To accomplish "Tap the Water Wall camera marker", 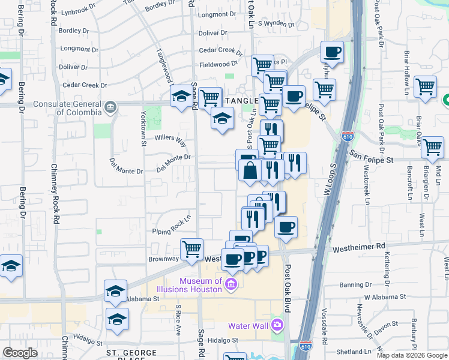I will pyautogui.click(x=277, y=326).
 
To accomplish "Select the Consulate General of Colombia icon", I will pyautogui.click(x=110, y=107).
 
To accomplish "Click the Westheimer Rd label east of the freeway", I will pyautogui.click(x=359, y=246).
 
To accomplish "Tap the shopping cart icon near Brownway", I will pyautogui.click(x=192, y=248).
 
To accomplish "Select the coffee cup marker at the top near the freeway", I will pyautogui.click(x=333, y=52).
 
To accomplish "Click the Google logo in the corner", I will pyautogui.click(x=20, y=353).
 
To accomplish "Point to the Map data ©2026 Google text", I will pyautogui.click(x=412, y=355).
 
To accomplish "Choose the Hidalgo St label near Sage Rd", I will pyautogui.click(x=223, y=340).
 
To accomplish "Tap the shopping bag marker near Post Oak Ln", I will pyautogui.click(x=250, y=171).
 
